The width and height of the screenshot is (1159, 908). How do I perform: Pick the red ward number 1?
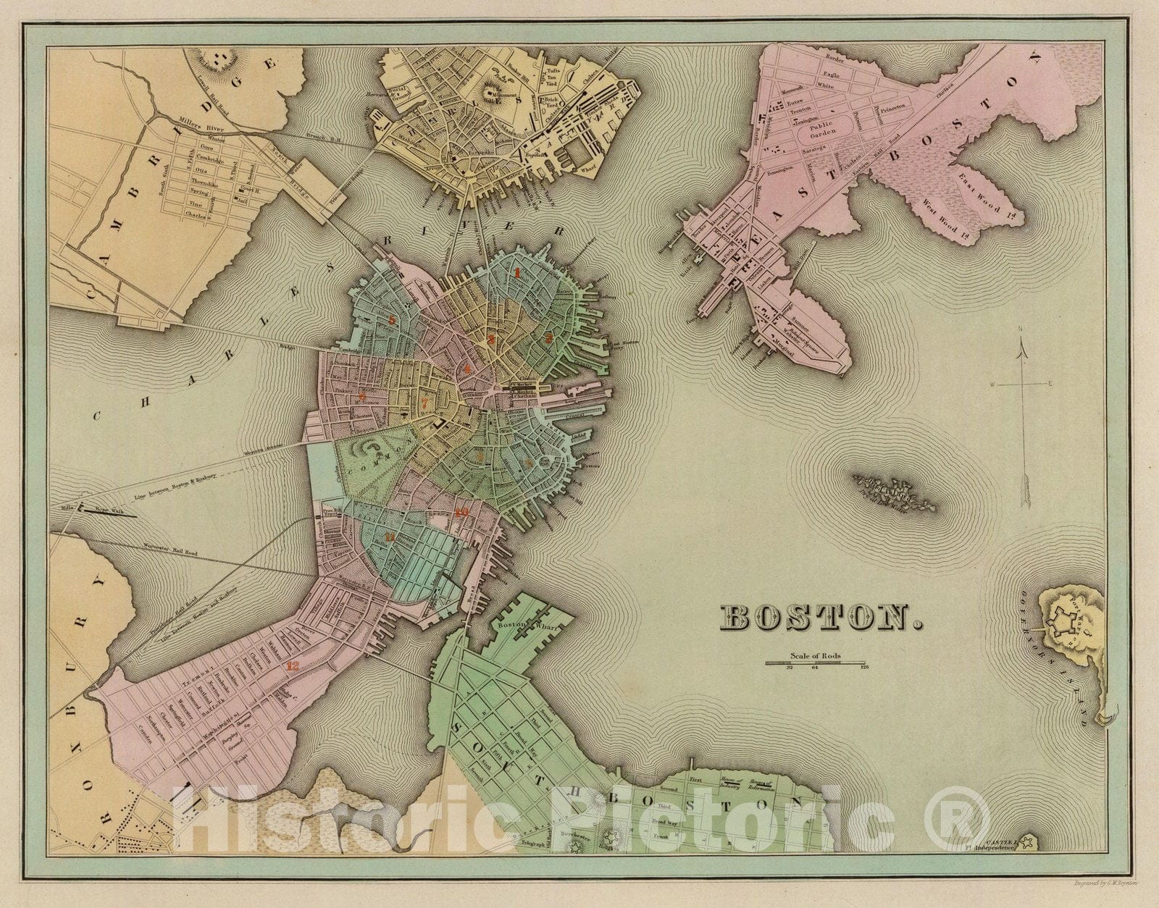pos(517,273)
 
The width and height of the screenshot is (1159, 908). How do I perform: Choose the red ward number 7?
pos(425,403)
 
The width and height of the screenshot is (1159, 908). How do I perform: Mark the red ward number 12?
pos(293,666)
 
